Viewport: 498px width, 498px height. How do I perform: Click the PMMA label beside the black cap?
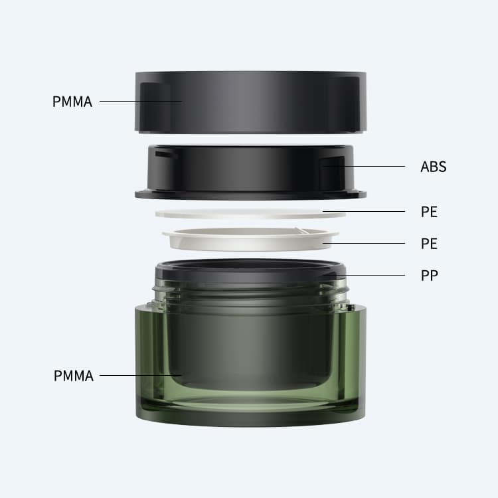coord(72,102)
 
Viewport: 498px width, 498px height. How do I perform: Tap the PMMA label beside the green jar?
coord(74,376)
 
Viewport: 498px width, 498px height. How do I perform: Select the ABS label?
coord(433,167)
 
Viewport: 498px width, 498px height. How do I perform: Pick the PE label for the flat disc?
coord(429,212)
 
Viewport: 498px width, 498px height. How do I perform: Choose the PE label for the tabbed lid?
coord(429,244)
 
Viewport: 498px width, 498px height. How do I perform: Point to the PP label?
coord(430,276)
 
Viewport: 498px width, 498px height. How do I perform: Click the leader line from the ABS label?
coord(365,166)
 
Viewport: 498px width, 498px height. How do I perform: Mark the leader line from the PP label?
coord(365,275)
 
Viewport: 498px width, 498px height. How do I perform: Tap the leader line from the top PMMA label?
coord(141,102)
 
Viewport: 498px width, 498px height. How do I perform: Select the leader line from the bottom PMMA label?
coord(141,375)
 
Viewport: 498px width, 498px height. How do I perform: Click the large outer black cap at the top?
coord(250,102)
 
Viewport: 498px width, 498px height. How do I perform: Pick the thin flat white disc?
coord(250,213)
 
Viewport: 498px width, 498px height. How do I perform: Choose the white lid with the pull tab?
coord(250,239)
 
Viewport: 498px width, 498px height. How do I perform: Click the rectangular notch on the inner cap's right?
coord(332,173)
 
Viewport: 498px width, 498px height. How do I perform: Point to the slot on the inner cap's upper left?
coord(166,154)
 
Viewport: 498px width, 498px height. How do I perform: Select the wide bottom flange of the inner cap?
coord(250,195)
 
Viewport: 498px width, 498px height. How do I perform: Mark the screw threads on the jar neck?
coord(250,293)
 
